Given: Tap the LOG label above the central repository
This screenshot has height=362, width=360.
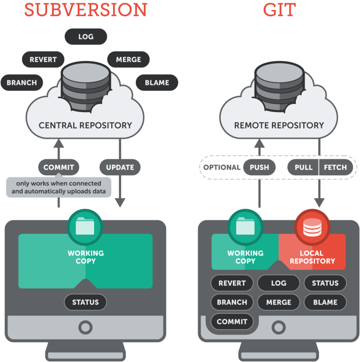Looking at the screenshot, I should click(x=86, y=37).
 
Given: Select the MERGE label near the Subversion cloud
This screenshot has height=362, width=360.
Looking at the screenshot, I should click(x=129, y=60).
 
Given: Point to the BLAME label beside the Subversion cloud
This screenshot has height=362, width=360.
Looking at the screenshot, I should click(x=157, y=82).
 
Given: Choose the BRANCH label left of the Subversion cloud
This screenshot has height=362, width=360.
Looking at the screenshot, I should click(x=22, y=82).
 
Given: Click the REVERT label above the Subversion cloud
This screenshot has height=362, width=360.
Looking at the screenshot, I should click(x=43, y=60).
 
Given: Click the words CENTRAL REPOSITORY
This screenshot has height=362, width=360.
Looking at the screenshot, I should click(x=85, y=125).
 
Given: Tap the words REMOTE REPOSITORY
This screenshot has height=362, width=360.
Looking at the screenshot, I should click(x=279, y=125).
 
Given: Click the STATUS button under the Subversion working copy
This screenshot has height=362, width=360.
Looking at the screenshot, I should click(x=86, y=302).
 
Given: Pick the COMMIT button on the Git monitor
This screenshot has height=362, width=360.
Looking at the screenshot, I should click(x=232, y=321).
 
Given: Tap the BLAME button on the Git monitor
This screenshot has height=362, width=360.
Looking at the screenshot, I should click(x=325, y=302).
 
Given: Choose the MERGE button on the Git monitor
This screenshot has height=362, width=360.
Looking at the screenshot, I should click(x=279, y=302).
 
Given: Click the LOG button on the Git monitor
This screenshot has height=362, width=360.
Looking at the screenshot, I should click(x=279, y=283).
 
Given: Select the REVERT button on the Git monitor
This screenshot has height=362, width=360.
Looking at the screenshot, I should click(x=232, y=283).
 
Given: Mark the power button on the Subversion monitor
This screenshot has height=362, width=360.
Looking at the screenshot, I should click(x=85, y=327).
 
